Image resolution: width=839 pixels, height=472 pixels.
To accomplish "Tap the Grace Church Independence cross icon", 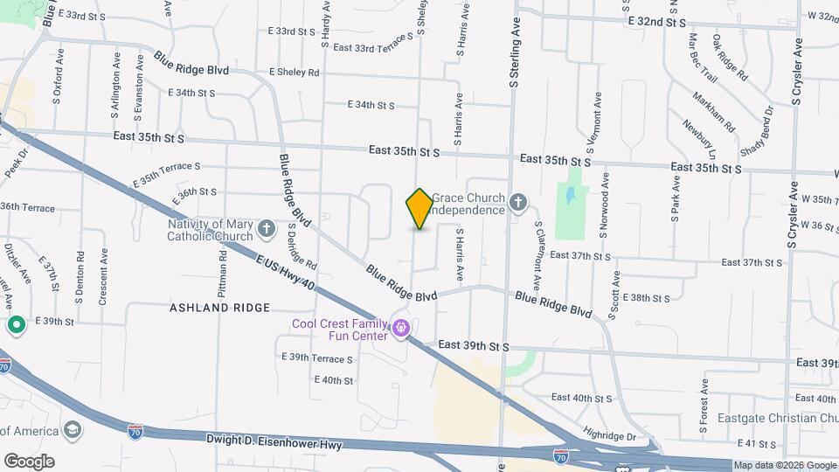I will [518, 204].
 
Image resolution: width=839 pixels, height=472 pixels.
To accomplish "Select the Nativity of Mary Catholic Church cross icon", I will [268, 229].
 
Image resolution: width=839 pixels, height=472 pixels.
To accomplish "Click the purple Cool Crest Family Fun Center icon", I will [401, 329].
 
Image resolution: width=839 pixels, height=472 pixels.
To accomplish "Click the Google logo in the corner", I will [29, 461].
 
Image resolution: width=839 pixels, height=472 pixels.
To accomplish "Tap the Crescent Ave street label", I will [103, 277].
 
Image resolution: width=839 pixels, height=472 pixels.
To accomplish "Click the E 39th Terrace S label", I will [316, 358].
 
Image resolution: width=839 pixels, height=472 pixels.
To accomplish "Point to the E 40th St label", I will [333, 380].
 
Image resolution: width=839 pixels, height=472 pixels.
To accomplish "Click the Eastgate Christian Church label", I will [776, 419].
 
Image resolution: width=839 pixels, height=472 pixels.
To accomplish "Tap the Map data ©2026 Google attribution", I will [785, 465].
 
